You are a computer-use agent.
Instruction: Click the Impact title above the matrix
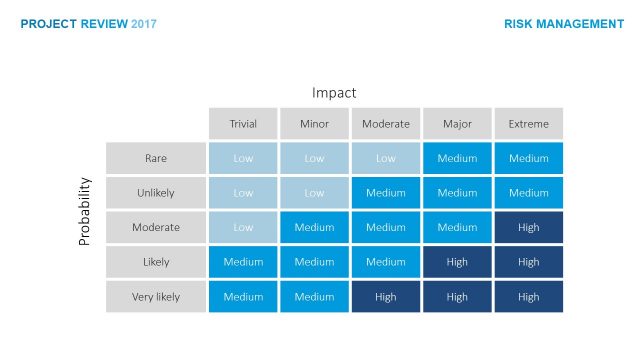click(334, 93)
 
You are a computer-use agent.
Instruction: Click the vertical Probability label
click(85, 212)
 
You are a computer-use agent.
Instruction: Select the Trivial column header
click(243, 124)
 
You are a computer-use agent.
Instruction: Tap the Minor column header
click(314, 124)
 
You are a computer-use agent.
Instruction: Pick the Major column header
click(457, 124)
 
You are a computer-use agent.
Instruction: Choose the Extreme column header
click(528, 124)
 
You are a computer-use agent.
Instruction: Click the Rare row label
click(156, 158)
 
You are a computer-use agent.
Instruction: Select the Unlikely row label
click(156, 193)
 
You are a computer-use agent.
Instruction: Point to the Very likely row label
click(156, 297)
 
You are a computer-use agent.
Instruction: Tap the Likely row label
click(156, 262)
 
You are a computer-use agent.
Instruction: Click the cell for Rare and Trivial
click(243, 158)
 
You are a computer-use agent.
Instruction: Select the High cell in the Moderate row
click(528, 227)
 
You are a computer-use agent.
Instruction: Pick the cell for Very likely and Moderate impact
click(386, 297)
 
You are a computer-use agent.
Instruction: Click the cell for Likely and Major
click(457, 262)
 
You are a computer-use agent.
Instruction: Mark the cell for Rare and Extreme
click(528, 158)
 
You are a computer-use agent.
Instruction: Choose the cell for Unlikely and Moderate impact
click(386, 193)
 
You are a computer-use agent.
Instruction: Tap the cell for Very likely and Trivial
click(243, 297)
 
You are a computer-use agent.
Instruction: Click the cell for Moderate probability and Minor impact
click(314, 227)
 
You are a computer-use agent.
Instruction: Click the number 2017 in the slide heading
click(144, 24)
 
